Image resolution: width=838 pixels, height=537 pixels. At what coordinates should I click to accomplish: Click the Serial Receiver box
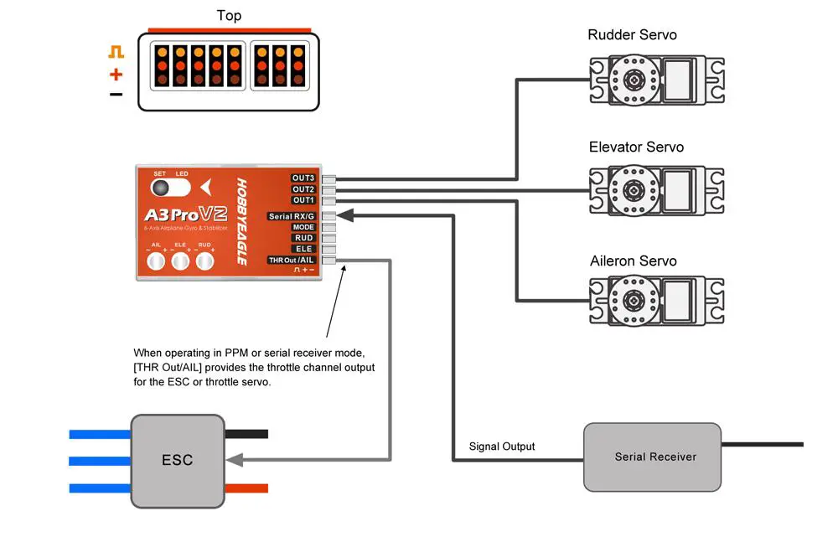[652, 457]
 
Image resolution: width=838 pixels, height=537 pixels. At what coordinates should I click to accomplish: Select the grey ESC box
[177, 460]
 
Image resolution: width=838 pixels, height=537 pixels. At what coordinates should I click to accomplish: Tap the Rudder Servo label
[632, 35]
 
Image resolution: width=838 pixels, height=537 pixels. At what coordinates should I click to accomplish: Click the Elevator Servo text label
[636, 147]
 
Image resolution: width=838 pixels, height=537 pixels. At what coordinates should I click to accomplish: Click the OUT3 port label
[303, 178]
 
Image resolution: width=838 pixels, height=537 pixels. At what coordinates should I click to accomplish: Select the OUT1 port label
[303, 200]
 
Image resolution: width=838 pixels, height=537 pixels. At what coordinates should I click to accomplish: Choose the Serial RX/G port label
[291, 216]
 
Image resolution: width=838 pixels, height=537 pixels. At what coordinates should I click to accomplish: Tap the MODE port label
[303, 227]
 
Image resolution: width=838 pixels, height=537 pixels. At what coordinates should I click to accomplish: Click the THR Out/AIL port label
[292, 260]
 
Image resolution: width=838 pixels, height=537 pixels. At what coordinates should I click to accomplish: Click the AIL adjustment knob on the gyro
[156, 262]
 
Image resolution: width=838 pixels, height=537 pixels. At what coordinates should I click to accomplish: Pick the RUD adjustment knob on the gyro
[205, 262]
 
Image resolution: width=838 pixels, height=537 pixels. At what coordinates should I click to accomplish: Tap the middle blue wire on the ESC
[99, 461]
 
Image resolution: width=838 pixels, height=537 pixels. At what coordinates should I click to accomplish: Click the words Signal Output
[502, 447]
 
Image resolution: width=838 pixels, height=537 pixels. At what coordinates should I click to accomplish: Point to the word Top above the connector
[230, 15]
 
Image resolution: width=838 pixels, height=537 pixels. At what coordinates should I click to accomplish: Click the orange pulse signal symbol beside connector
[116, 52]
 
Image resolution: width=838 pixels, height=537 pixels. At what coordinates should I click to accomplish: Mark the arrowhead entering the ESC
[234, 460]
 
